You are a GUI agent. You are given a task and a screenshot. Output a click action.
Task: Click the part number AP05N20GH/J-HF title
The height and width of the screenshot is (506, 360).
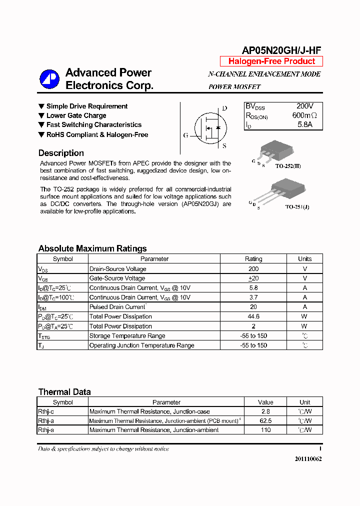pyautogui.click(x=281, y=50)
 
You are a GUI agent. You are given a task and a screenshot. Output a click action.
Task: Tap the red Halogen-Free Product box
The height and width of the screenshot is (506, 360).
pyautogui.click(x=271, y=61)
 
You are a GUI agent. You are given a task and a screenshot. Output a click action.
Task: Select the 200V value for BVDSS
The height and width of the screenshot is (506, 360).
pyautogui.click(x=304, y=106)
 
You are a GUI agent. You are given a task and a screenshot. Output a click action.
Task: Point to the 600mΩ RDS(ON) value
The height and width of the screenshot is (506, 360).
pyautogui.click(x=304, y=115)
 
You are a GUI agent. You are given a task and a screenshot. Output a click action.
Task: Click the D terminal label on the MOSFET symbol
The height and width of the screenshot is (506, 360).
pyautogui.click(x=224, y=108)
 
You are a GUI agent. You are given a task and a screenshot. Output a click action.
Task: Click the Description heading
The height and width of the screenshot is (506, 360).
pyautogui.click(x=61, y=153)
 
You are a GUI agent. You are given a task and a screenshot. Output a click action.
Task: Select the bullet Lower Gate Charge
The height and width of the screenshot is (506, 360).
pyautogui.click(x=76, y=115)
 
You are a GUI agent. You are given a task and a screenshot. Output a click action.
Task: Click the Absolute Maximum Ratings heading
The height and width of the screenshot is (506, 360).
pyautogui.click(x=92, y=248)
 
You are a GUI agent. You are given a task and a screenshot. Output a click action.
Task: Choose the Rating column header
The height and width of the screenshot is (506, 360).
pyautogui.click(x=253, y=259)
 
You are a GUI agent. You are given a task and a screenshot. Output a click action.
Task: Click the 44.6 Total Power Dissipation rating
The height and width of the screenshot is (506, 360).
pyautogui.click(x=253, y=316)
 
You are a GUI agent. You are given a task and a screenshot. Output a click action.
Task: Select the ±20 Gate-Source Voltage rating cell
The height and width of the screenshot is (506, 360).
pyautogui.click(x=253, y=278)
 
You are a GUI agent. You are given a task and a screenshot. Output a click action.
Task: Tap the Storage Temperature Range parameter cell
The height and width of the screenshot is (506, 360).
pyautogui.click(x=127, y=336)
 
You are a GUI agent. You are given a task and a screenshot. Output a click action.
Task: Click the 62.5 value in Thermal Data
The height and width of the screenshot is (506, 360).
pyautogui.click(x=265, y=421)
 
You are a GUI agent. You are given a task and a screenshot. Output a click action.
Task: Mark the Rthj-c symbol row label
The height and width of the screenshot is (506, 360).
pyautogui.click(x=46, y=411)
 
